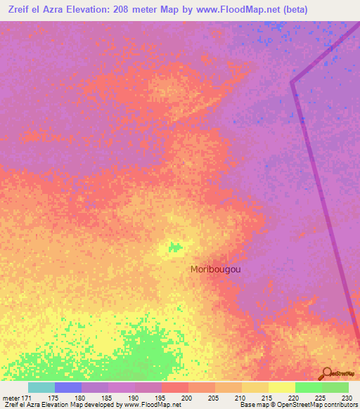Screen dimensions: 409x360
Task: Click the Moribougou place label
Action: tap(217, 268)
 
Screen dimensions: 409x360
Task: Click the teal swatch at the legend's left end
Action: tap(41, 387)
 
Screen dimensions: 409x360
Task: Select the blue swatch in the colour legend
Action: tap(68, 387)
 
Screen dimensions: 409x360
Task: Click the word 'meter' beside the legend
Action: tap(12, 398)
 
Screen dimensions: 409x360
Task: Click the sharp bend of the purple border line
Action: tap(292, 82)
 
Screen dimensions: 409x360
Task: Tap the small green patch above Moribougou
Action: tap(172, 247)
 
